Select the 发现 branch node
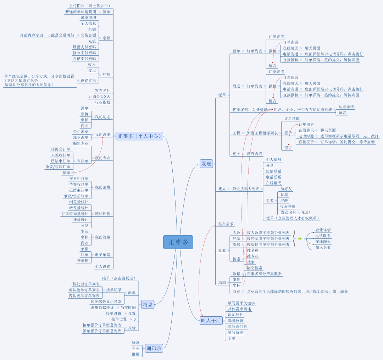pos(206,164)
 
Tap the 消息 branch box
pos(148,304)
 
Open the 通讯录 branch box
pos(154,348)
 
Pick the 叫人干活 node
pos(211,321)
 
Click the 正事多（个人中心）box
pos(139,136)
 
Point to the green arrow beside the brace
pos(300,239)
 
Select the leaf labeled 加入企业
pos(323,247)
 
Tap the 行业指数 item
pos(102,102)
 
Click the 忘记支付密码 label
pos(84,59)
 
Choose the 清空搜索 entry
pos(255,268)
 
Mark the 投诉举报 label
pos(288,206)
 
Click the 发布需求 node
pos(226,224)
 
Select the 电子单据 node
pos(102,255)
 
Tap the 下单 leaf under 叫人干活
pos(232,338)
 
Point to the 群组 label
pos(135,354)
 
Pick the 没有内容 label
pos(255,154)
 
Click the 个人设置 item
pos(102,266)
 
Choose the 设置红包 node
pos(88,81)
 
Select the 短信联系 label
pos(273,171)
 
